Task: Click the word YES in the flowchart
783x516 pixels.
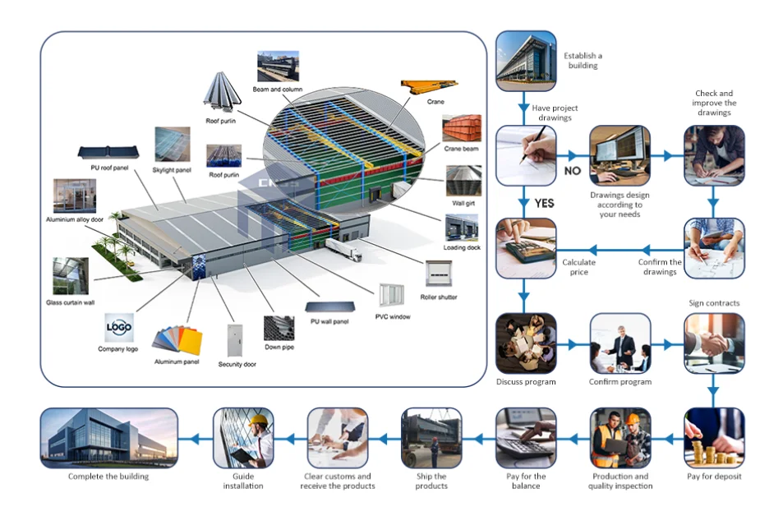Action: point(544,203)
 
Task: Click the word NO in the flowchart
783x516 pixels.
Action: point(573,171)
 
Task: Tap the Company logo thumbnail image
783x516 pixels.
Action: point(119,327)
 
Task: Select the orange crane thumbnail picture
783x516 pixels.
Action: point(430,86)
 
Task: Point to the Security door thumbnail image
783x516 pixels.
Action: point(235,341)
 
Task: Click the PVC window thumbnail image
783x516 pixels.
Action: point(391,296)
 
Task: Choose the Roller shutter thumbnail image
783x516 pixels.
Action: point(439,274)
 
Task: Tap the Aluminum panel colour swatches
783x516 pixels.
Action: point(177,341)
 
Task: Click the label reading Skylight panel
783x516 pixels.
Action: point(172,170)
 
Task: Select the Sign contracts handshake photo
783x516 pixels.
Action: point(714,343)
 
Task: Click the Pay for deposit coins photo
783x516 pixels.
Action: point(714,438)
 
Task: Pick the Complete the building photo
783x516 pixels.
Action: point(108,438)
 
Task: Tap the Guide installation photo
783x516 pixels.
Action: point(243,438)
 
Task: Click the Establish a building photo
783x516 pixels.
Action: point(526,61)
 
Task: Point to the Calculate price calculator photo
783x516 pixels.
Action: point(526,248)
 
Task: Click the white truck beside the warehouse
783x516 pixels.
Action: point(343,249)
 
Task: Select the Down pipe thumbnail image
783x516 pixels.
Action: point(279,328)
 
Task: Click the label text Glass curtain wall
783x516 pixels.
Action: point(71,302)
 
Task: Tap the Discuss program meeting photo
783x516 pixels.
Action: point(526,343)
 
